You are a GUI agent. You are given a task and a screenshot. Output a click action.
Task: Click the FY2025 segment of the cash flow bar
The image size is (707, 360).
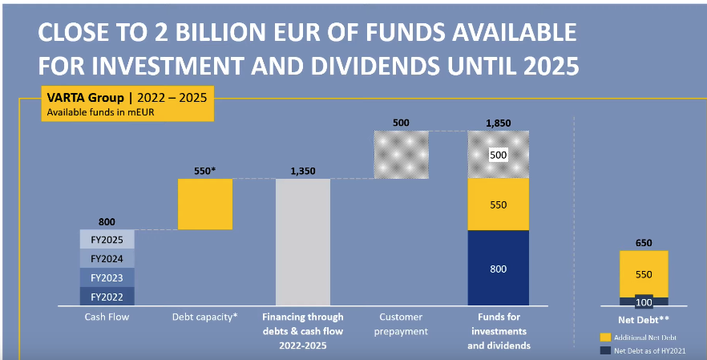[x=107, y=239]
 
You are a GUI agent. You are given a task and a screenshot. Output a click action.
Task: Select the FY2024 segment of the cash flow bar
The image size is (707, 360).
[x=107, y=258]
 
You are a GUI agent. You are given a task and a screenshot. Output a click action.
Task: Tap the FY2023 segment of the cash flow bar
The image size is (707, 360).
[x=107, y=277]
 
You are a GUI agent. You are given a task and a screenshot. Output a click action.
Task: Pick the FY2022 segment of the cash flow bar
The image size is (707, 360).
[x=107, y=297]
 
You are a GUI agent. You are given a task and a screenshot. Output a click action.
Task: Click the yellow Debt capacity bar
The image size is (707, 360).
[x=205, y=204]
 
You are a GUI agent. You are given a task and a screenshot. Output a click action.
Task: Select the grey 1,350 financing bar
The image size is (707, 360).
[x=303, y=241]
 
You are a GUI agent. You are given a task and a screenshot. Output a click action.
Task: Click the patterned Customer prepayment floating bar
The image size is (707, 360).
[x=401, y=154]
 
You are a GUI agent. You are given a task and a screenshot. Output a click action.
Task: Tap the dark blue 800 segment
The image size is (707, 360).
[x=498, y=268]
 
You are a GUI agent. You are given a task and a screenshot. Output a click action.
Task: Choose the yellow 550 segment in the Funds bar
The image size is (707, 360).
[x=498, y=204]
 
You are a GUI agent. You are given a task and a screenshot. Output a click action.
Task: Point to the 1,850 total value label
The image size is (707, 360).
[x=498, y=123]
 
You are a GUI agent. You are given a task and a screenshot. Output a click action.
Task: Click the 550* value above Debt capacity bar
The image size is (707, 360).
[x=205, y=171]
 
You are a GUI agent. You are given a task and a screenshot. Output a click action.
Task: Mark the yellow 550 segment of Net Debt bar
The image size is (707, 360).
[x=644, y=273]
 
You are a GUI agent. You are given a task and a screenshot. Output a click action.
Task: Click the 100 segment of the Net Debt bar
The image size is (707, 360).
[x=644, y=301]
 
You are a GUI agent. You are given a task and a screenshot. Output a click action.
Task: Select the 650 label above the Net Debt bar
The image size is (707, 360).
[x=644, y=242]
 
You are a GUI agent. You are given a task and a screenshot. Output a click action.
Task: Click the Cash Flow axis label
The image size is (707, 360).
[x=107, y=317]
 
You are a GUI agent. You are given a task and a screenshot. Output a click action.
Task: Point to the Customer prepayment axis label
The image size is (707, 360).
[x=401, y=323]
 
